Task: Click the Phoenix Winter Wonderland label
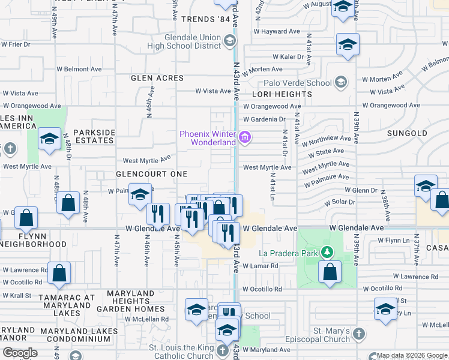pos(208,137)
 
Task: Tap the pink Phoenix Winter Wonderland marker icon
pos(244,138)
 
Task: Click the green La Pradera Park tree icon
pos(327,253)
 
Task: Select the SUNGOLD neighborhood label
pos(407,133)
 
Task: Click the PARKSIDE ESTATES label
pos(94,136)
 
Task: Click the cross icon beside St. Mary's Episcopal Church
pos(358,334)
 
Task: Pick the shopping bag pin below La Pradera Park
pos(330,272)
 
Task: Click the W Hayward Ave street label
pos(277,31)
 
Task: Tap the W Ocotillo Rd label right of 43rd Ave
pos(262,289)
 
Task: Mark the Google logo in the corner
pos(20,353)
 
